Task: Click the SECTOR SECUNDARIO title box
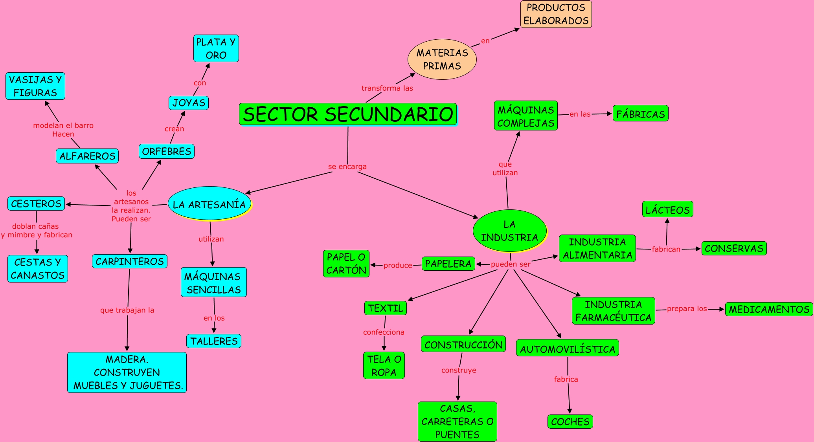click(348, 114)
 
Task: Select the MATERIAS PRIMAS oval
click(442, 59)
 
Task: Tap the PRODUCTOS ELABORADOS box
click(556, 14)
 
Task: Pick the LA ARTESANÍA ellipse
click(209, 204)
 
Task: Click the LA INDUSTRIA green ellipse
click(509, 231)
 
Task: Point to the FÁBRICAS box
click(640, 114)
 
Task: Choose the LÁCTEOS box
click(667, 210)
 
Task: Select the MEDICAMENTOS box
click(769, 309)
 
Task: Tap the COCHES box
click(570, 422)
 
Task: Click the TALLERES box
click(214, 341)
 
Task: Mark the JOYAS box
click(189, 103)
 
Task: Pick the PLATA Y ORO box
click(216, 49)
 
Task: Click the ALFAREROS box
click(87, 156)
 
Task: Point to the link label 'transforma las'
click(387, 88)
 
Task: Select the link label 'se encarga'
click(347, 167)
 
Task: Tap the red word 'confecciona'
click(384, 332)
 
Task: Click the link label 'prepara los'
click(687, 308)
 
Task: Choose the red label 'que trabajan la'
click(127, 310)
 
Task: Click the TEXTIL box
click(386, 308)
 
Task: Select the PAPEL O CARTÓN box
click(346, 264)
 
